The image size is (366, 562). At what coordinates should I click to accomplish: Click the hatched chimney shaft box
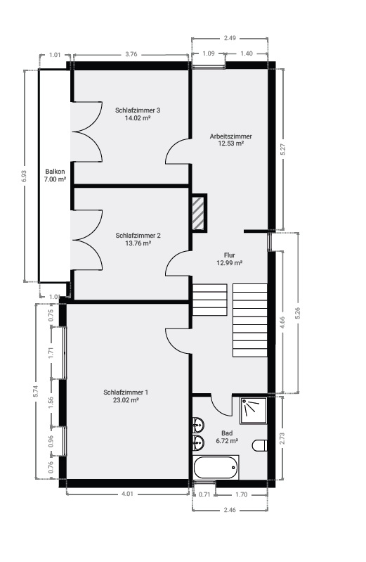point(199,213)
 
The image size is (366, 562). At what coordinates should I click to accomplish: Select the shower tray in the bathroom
point(254,410)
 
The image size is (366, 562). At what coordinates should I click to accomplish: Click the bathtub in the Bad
point(216,467)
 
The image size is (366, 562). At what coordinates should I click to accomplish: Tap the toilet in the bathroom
point(259,445)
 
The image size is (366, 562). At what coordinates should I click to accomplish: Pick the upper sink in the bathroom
point(198,425)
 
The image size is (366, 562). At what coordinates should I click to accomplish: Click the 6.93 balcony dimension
point(25,176)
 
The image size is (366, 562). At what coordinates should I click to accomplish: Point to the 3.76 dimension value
point(131,54)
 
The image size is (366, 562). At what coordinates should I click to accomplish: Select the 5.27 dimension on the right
point(283,149)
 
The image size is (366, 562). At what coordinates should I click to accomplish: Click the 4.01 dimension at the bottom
point(127,494)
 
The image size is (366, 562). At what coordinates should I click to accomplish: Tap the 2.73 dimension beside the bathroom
point(282,438)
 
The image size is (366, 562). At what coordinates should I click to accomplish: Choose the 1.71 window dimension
point(51,353)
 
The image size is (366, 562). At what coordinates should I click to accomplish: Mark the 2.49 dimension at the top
point(230,38)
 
